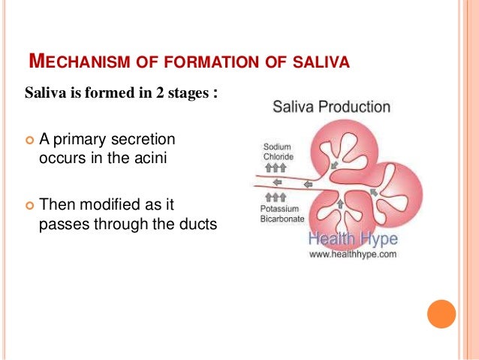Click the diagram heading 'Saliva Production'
(x=331, y=107)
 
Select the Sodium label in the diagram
(x=277, y=147)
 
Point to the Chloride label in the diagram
(x=278, y=156)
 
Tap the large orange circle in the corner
(x=441, y=314)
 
